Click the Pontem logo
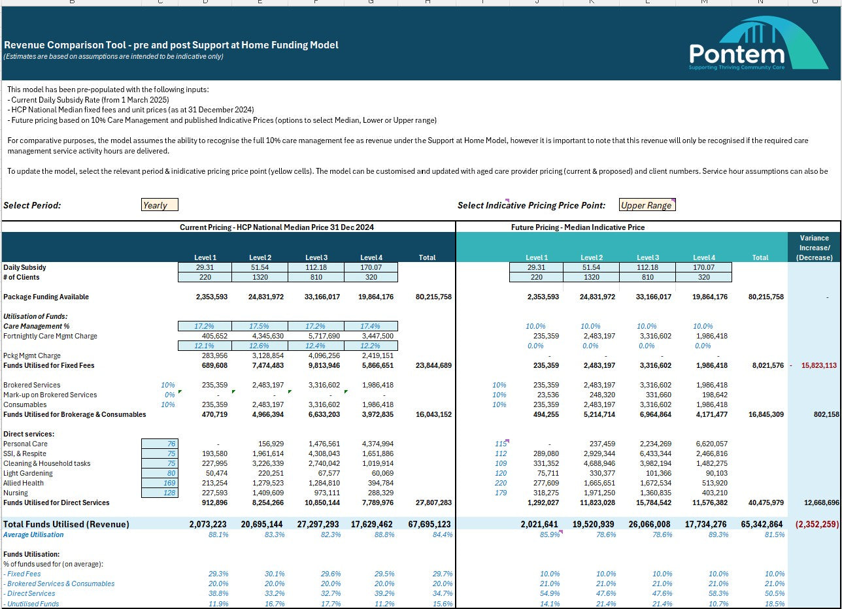[x=758, y=44]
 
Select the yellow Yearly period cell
[x=160, y=205]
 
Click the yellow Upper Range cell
[x=647, y=205]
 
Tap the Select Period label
[x=32, y=205]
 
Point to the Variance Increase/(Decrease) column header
[x=814, y=248]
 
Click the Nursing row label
[x=17, y=493]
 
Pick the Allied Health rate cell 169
[x=160, y=483]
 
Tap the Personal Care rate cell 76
[x=160, y=444]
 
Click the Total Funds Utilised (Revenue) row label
[x=67, y=524]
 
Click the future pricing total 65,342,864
[x=757, y=524]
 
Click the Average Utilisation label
[x=33, y=535]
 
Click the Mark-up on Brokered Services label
[x=50, y=395]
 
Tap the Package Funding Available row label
[x=46, y=297]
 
